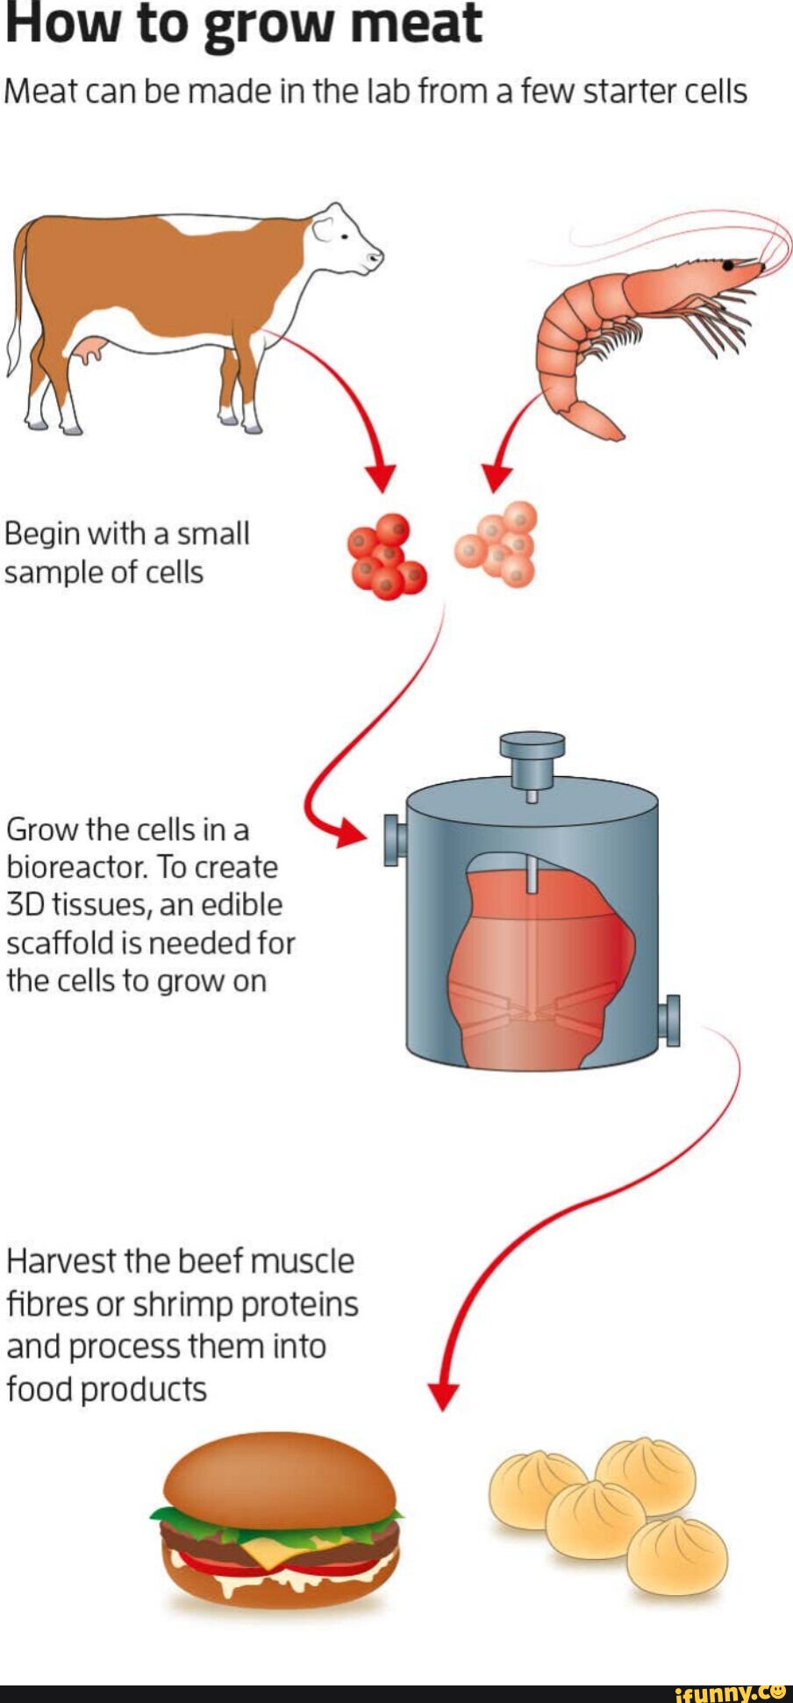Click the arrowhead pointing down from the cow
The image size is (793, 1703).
pos(381,477)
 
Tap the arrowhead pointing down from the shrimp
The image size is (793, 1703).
pos(497,477)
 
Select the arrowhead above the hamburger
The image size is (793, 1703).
pos(443,1395)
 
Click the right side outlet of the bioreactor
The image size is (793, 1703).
pos(671,1020)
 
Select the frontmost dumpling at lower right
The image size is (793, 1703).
pos(676,1557)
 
